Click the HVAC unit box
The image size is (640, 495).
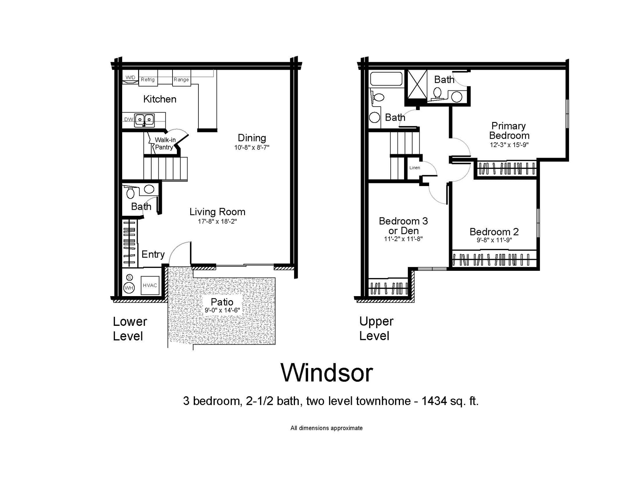coord(150,285)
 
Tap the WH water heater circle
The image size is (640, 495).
coord(129,288)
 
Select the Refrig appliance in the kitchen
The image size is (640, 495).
coord(148,79)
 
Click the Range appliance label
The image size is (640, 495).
coord(181,80)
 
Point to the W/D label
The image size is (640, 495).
coord(130,78)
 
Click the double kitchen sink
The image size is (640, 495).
coord(144,120)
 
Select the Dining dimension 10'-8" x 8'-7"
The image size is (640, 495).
coord(252,148)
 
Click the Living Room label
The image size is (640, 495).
coord(217,212)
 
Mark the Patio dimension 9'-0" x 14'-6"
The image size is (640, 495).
coord(222,310)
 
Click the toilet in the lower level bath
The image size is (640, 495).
coord(130,193)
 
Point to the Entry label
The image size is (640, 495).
coord(153,254)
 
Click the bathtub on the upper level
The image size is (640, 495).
coord(386,79)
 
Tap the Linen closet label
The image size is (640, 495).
coord(415,168)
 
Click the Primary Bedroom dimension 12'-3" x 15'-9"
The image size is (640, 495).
coord(509,145)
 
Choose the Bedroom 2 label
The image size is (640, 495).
coord(494,232)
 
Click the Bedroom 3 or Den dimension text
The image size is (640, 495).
coord(403,239)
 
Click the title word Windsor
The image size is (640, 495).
coord(327,373)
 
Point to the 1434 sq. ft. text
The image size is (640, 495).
coord(450,401)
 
